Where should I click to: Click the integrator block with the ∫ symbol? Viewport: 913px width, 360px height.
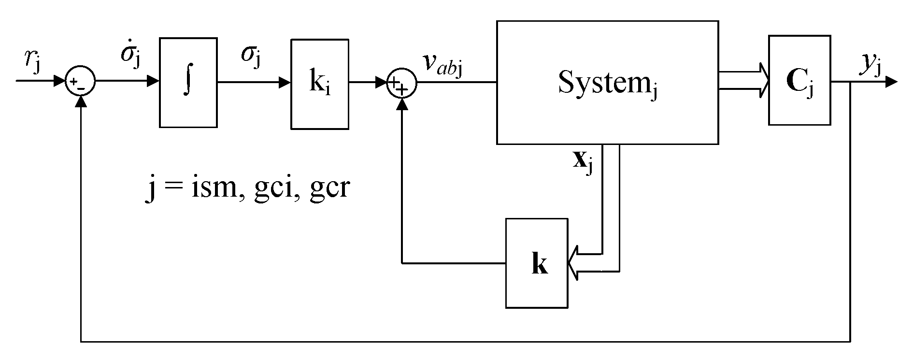point(188,83)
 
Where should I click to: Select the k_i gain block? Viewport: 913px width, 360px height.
point(319,85)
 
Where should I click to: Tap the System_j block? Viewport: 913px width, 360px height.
point(607,83)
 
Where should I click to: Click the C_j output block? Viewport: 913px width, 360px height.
point(799,80)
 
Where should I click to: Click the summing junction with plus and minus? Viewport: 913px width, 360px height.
point(81,82)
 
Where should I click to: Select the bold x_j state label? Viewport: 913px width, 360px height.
point(582,163)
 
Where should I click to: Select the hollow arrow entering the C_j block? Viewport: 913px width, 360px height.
point(761,80)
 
